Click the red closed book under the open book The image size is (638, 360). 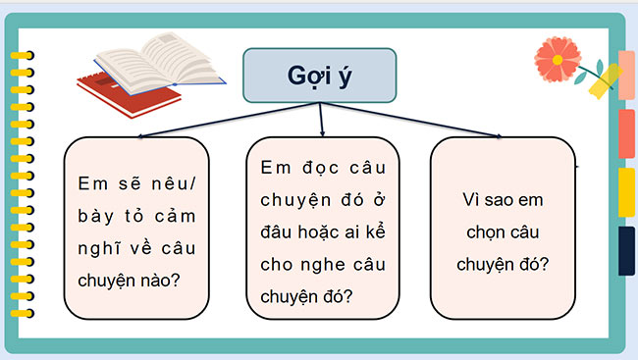pos(128,95)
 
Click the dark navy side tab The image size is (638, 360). pos(626,250)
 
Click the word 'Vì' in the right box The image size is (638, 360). pos(472,199)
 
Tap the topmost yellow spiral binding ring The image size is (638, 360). pos(21,56)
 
